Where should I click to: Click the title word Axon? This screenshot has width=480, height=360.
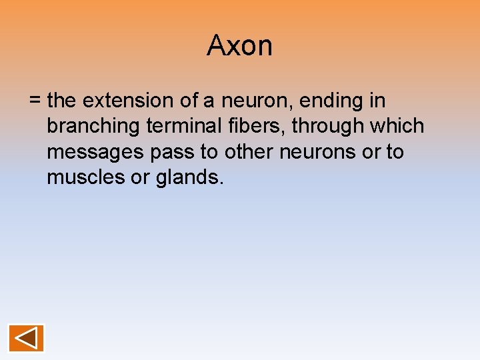click(x=239, y=46)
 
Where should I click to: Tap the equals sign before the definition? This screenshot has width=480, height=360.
click(x=35, y=101)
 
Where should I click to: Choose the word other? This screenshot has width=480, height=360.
click(x=249, y=152)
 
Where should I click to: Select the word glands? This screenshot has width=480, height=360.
click(x=189, y=178)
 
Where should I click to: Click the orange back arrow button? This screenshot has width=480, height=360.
click(x=26, y=338)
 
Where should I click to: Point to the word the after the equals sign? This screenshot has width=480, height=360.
click(x=63, y=101)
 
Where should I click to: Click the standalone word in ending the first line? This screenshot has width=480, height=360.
click(x=377, y=101)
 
